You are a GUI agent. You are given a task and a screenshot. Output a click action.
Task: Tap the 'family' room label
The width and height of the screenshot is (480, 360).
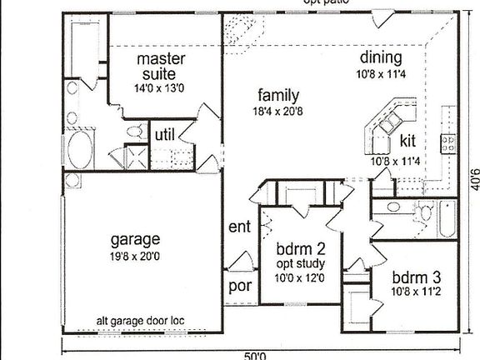pyautogui.click(x=278, y=94)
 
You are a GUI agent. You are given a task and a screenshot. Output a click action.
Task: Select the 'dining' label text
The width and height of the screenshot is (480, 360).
pyautogui.click(x=382, y=57)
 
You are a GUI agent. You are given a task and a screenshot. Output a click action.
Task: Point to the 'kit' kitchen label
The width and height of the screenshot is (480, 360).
pyautogui.click(x=407, y=139)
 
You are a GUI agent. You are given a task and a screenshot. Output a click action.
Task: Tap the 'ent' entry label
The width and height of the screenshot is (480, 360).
pyautogui.click(x=240, y=226)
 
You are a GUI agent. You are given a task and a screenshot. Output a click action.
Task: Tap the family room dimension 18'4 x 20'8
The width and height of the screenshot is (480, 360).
pyautogui.click(x=278, y=111)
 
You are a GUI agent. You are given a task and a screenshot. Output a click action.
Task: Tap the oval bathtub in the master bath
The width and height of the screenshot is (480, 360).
pyautogui.click(x=80, y=152)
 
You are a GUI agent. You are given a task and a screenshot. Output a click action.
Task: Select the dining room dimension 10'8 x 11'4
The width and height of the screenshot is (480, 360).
pyautogui.click(x=382, y=73)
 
